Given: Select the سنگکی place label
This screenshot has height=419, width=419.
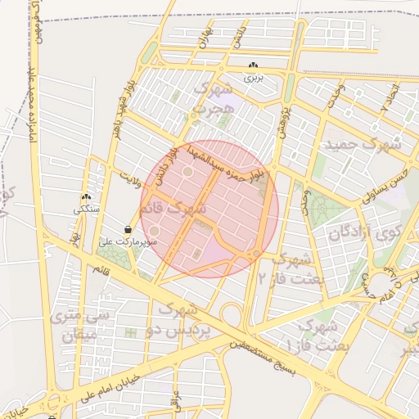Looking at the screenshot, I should (86, 209).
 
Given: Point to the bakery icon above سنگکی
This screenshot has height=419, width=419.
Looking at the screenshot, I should (86, 197).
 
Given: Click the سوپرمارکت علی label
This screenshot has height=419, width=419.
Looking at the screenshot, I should (128, 242).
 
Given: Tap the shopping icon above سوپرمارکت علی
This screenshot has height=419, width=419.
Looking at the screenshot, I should (128, 229).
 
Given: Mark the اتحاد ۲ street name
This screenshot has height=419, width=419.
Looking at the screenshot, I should (390, 97).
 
